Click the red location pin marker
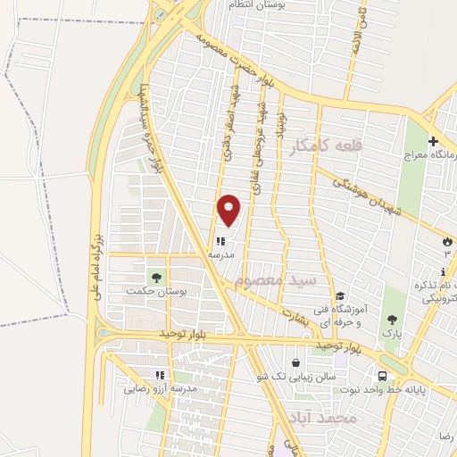coord(229,210)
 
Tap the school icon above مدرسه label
coord(220,240)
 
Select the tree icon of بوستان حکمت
coord(156,277)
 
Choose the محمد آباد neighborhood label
coord(323,418)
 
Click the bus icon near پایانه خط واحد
coord(382,376)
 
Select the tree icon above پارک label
coord(392,319)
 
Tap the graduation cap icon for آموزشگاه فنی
coord(339,297)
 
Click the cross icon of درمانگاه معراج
coord(434,142)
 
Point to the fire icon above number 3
coord(447,241)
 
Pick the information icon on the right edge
coord(446,271)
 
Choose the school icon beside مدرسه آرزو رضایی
coord(160,376)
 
